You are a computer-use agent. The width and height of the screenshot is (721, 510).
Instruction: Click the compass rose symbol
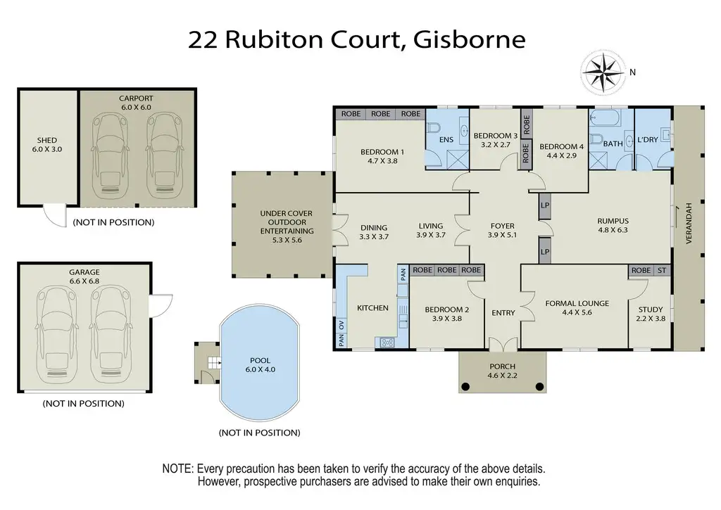pyautogui.click(x=603, y=72)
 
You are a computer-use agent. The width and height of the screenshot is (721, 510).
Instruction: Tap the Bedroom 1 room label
pyautogui.click(x=382, y=152)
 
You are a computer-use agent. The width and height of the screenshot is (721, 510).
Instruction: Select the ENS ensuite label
pyautogui.click(x=446, y=140)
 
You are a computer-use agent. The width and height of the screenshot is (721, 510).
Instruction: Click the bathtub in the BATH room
pyautogui.click(x=605, y=117)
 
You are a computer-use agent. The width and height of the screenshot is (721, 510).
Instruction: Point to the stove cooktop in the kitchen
pyautogui.click(x=387, y=342)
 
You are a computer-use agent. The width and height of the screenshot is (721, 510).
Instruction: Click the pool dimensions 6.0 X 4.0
pyautogui.click(x=261, y=369)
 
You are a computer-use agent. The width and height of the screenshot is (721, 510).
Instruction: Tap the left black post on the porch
pyautogui.click(x=465, y=386)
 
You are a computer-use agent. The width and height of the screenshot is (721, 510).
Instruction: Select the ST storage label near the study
pyautogui.click(x=662, y=271)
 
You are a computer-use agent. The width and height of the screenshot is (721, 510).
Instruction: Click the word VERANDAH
pyautogui.click(x=689, y=223)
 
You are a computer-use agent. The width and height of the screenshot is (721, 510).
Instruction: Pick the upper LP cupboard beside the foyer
pyautogui.click(x=545, y=205)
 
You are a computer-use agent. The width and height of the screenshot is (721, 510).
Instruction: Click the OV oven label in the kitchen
pyautogui.click(x=341, y=325)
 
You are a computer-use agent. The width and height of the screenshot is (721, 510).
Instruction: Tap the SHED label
pyautogui.click(x=47, y=140)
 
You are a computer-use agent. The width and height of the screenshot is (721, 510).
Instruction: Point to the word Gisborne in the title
pyautogui.click(x=470, y=40)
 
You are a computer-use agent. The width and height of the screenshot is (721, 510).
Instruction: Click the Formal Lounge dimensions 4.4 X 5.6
pyautogui.click(x=577, y=312)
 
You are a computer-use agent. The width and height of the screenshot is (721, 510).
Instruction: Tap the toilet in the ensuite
pyautogui.click(x=434, y=127)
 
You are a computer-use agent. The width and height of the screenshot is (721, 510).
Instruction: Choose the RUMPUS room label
pyautogui.click(x=613, y=221)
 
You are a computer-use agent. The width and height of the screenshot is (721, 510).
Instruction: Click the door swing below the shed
pyautogui.click(x=55, y=217)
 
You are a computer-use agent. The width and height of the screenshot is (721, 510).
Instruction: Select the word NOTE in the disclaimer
pyautogui.click(x=177, y=469)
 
